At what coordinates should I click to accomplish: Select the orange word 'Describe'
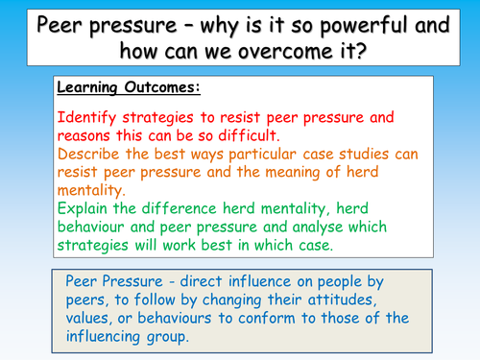coord(93,156)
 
